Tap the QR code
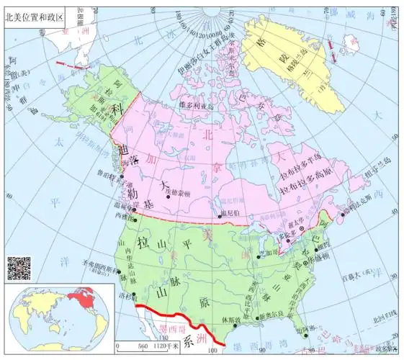[19, 268]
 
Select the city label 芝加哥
[263, 253]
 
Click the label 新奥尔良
[267, 318]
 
